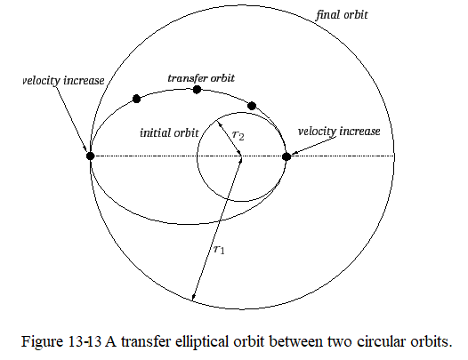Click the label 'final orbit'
pyautogui.click(x=342, y=14)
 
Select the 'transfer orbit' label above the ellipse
pyautogui.click(x=201, y=78)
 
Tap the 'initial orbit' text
pyautogui.click(x=169, y=132)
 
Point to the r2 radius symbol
pyautogui.click(x=238, y=135)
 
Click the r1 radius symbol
pyautogui.click(x=219, y=250)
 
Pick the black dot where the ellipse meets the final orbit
pyautogui.click(x=90, y=156)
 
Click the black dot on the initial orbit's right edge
pyautogui.click(x=286, y=156)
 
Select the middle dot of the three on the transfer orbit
pyautogui.click(x=197, y=90)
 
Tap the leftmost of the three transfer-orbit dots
pyautogui.click(x=136, y=99)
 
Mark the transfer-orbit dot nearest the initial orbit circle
pyautogui.click(x=252, y=106)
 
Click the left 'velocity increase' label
pyautogui.click(x=63, y=81)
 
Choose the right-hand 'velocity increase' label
pyautogui.click(x=339, y=131)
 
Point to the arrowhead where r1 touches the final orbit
pyautogui.click(x=193, y=299)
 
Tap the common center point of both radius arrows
pyautogui.click(x=241, y=156)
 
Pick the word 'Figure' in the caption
pyautogui.click(x=42, y=342)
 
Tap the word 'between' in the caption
pyautogui.click(x=295, y=342)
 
